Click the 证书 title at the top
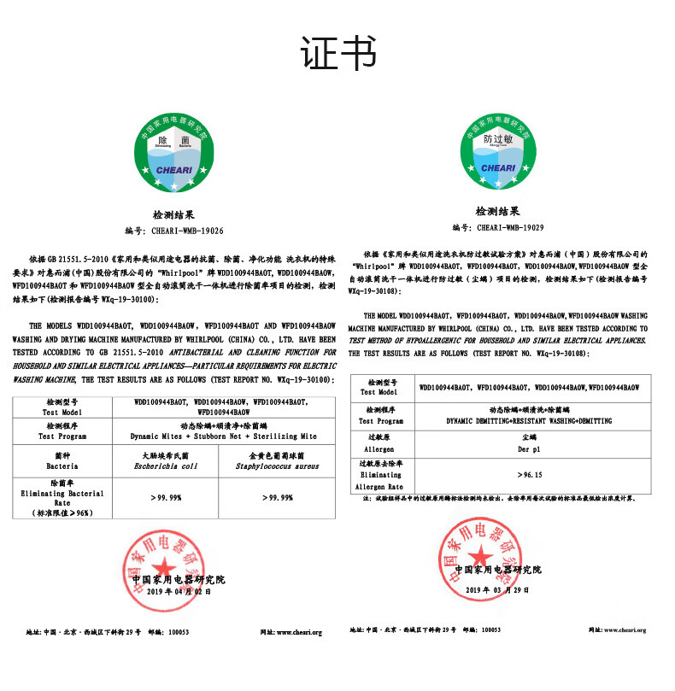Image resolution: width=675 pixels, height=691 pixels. coord(337,54)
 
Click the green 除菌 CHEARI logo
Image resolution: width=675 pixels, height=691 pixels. coord(173,154)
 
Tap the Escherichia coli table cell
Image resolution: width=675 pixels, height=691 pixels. coord(166,461)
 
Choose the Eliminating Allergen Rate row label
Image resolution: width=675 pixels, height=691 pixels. coord(379,474)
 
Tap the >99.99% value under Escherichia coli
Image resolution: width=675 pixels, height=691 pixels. coord(167,497)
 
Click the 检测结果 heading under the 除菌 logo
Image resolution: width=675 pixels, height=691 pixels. coord(173,216)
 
